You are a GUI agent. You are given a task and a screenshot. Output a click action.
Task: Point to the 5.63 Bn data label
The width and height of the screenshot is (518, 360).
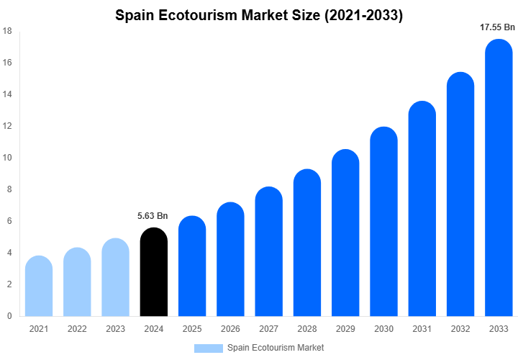point(153,216)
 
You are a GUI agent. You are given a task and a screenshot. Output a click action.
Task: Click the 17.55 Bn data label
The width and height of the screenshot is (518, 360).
point(498,27)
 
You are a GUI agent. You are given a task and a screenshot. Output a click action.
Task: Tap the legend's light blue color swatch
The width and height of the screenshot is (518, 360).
point(209,348)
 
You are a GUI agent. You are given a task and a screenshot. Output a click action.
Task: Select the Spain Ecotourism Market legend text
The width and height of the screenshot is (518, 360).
point(276,348)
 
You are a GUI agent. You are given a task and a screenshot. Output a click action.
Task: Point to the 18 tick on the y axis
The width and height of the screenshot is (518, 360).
point(7,31)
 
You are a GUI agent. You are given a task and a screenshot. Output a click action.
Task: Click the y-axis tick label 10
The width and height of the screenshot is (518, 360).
point(7,158)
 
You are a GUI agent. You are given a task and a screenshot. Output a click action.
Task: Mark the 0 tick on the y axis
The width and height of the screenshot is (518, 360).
point(9,316)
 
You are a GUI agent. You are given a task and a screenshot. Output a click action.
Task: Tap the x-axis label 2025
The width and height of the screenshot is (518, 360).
point(192,329)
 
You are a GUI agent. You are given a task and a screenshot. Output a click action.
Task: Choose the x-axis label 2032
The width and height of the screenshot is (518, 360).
point(460,329)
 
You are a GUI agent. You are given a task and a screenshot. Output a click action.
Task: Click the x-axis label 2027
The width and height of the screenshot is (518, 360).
point(268,329)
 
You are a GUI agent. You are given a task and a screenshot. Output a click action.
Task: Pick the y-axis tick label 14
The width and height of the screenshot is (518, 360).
point(7,94)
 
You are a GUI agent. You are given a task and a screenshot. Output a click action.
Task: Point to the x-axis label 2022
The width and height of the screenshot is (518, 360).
point(77,329)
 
